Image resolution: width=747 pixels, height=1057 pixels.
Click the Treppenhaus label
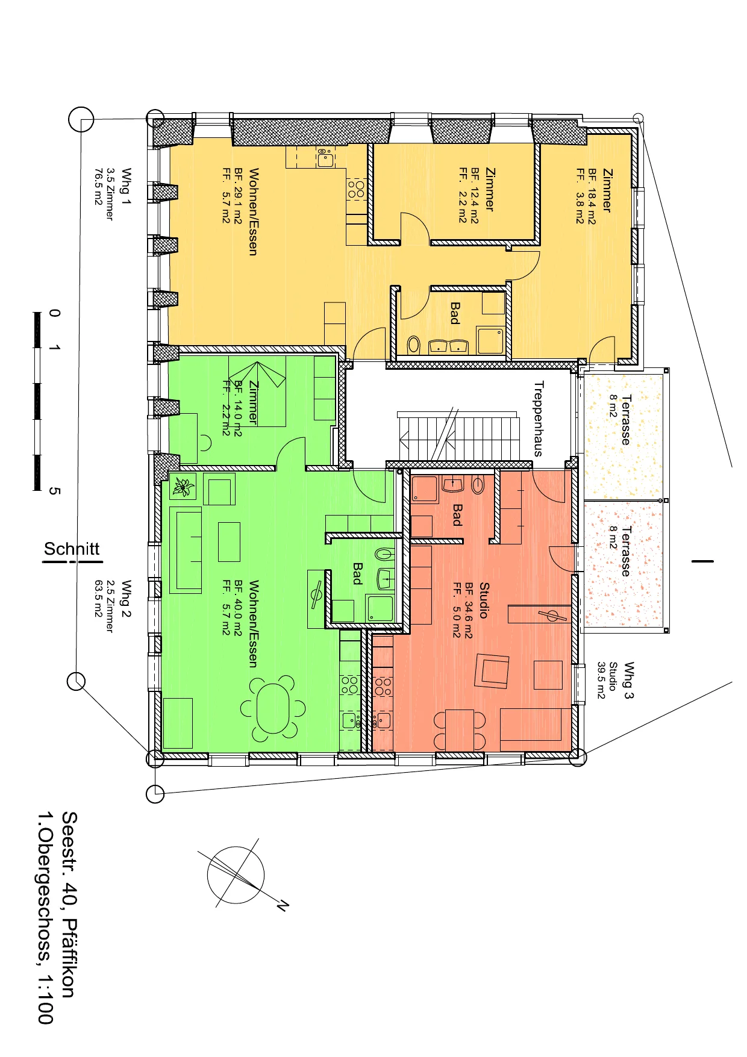539,419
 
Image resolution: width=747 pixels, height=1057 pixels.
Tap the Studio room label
484,600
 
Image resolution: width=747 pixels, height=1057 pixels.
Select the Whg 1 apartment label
126,186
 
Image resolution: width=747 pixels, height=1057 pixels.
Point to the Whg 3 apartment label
629,680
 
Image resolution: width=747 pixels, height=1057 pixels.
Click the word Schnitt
72,549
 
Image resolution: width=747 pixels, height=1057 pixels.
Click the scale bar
37,401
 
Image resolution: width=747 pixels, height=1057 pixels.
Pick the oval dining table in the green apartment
273,708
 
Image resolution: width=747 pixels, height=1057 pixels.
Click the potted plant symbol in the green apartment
183,485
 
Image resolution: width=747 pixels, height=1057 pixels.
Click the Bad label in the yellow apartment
455,313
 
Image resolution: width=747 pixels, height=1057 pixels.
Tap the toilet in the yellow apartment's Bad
413,345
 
